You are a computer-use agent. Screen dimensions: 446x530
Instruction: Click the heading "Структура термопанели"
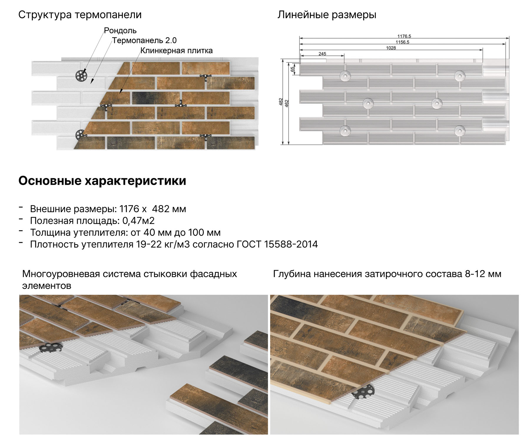point(80,15)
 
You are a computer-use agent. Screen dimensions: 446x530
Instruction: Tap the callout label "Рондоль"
point(120,31)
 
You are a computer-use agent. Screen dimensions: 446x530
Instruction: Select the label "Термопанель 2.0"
point(144,40)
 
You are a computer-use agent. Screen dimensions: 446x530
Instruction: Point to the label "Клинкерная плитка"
point(176,51)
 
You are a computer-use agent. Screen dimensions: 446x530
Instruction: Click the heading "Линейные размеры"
point(327,15)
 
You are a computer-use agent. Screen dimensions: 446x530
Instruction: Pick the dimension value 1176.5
point(404,36)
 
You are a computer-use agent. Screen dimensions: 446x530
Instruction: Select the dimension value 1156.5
point(402,42)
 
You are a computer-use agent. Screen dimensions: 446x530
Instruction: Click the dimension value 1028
point(391,48)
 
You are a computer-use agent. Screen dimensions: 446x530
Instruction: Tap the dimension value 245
point(322,54)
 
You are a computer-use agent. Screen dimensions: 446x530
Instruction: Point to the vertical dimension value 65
point(292,69)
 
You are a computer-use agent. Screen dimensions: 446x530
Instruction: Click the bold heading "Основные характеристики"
point(102,181)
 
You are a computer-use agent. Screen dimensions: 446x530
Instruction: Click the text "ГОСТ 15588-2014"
point(277,244)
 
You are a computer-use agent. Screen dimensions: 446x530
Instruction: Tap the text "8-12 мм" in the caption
point(483,274)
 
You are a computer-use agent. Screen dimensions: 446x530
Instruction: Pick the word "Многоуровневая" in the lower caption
point(61,274)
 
